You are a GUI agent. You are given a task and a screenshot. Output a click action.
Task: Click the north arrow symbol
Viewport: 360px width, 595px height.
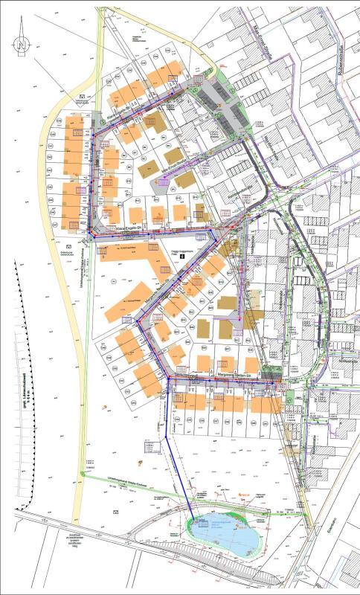point(22,45)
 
